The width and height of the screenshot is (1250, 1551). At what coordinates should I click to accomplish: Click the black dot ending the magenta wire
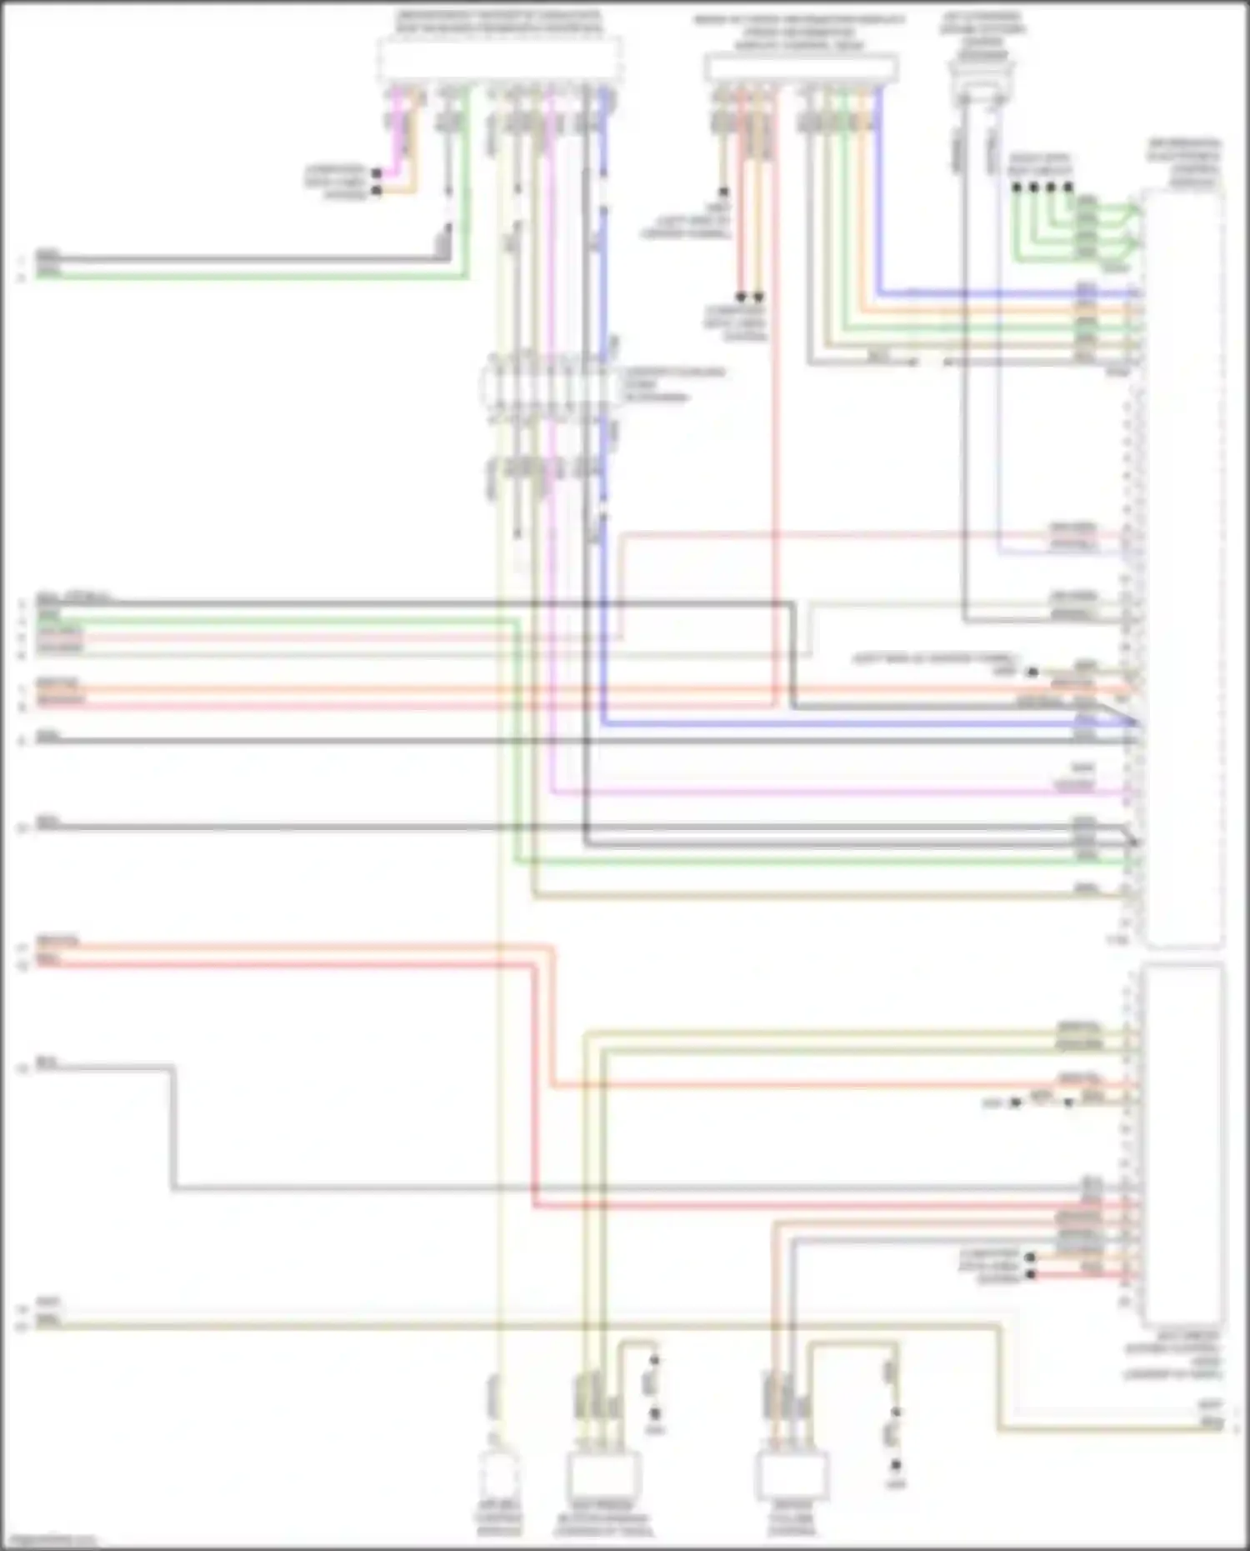tap(377, 173)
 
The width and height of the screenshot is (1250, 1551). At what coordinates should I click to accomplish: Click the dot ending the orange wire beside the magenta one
tap(377, 191)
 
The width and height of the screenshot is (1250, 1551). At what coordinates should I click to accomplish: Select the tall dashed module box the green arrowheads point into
tap(1183, 567)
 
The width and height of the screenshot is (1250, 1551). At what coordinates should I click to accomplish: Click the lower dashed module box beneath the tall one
tap(1183, 1146)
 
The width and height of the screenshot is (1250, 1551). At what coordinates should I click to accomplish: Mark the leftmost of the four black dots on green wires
tap(1017, 188)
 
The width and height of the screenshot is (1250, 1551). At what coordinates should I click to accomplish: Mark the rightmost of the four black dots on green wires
tap(1068, 188)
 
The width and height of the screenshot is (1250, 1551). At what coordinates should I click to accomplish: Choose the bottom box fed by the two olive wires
tap(603, 1475)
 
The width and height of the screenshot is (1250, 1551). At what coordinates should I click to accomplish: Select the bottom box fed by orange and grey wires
tap(792, 1475)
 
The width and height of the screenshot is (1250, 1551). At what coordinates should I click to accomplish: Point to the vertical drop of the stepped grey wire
tap(173, 1125)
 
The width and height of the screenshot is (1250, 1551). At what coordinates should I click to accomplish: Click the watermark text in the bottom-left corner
tap(50, 1540)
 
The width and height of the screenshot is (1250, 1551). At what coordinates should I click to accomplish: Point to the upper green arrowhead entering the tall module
tap(1133, 210)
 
